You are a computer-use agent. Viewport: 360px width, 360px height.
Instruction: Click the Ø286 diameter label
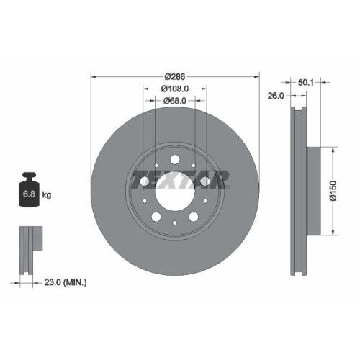coord(174,76)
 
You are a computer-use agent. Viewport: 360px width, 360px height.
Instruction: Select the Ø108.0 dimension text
coord(174,89)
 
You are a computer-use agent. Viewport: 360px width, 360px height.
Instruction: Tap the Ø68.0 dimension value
coord(174,101)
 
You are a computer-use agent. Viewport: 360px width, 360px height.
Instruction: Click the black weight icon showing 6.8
coord(30,192)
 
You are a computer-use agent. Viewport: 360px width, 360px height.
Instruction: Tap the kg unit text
coord(48,195)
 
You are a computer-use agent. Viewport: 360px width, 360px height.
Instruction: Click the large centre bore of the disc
coord(174,191)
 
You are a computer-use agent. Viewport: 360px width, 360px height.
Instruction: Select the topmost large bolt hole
coord(174,160)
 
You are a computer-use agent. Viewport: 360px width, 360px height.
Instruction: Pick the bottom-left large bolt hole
coord(156,216)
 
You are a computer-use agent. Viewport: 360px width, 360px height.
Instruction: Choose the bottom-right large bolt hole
coord(193,216)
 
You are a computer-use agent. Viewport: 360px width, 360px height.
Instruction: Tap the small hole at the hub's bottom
coord(174,222)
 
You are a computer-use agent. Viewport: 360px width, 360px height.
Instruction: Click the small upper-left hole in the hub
coord(156,165)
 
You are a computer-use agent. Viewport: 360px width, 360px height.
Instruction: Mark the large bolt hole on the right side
coord(204,181)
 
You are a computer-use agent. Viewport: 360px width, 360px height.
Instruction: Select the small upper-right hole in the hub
coord(193,165)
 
